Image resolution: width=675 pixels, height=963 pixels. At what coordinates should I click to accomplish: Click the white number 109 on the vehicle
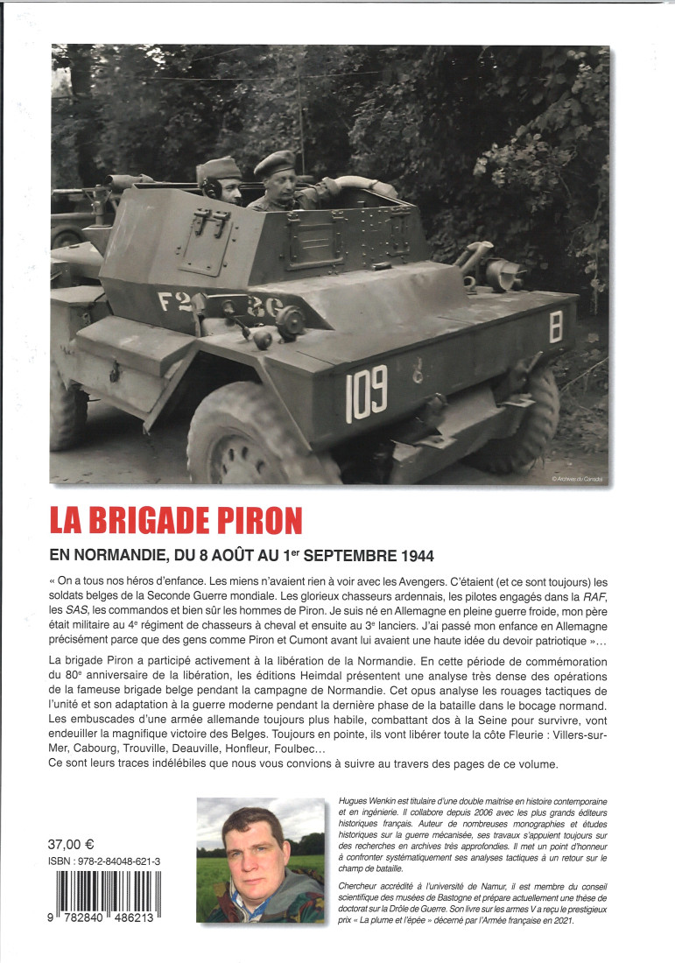point(367,393)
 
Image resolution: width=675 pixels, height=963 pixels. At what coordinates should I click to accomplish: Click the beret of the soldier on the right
point(274,162)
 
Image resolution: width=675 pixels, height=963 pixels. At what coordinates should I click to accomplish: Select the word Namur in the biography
point(475,887)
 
